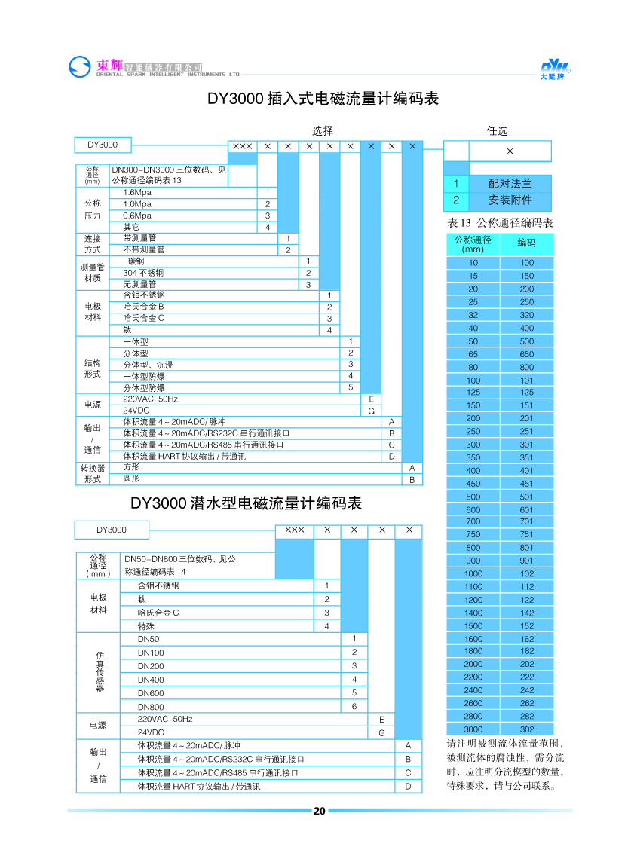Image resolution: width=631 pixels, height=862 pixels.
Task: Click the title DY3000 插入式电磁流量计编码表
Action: point(323,99)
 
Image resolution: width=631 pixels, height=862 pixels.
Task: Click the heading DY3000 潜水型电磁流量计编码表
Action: point(247,503)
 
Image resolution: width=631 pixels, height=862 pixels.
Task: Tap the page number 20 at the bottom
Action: point(319,811)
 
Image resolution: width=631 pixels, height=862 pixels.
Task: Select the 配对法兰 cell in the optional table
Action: point(510,183)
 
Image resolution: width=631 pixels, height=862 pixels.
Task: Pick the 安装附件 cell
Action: point(510,200)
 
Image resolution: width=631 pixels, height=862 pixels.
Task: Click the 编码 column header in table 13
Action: point(526,243)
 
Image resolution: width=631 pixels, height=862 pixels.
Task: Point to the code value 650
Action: point(526,353)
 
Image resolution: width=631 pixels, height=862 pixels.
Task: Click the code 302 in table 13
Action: point(526,729)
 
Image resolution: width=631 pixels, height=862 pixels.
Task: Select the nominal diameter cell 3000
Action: point(473,729)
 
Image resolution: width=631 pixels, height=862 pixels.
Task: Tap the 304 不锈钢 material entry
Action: point(143,273)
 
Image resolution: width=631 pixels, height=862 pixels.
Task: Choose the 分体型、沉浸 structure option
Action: point(148,365)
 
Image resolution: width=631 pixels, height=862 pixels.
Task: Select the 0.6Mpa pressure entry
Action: point(137,215)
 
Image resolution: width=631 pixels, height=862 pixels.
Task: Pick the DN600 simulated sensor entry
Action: point(151,692)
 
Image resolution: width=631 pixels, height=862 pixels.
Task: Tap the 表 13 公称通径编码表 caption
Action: point(501,223)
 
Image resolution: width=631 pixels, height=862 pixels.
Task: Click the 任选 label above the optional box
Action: point(498,130)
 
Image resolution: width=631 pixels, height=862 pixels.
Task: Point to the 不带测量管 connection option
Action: point(144,249)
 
